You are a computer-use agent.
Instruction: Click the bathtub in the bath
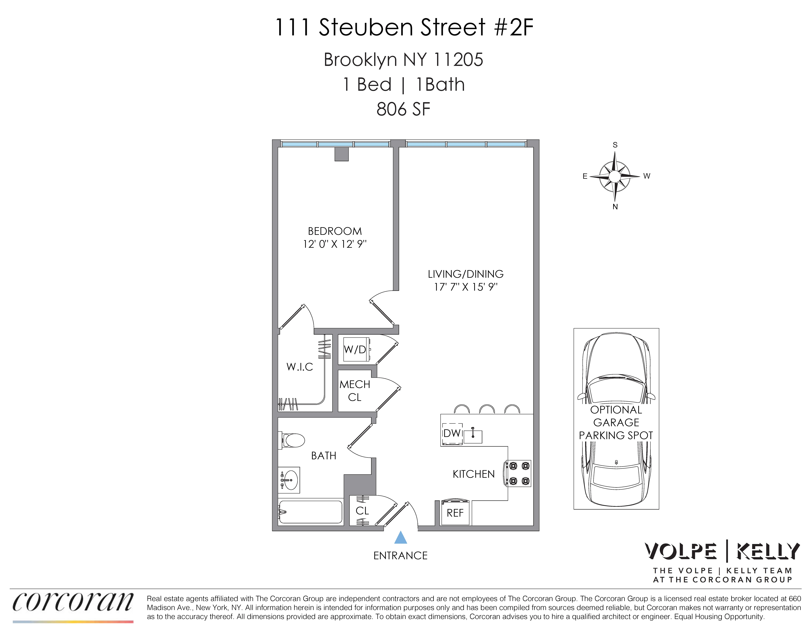[310, 512]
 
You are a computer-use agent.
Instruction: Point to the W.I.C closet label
[300, 367]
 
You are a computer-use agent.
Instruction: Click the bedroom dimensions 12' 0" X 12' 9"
[335, 244]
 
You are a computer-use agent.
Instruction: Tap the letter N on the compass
[615, 207]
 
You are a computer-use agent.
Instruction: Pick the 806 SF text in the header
[403, 109]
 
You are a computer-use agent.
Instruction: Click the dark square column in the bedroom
[342, 154]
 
